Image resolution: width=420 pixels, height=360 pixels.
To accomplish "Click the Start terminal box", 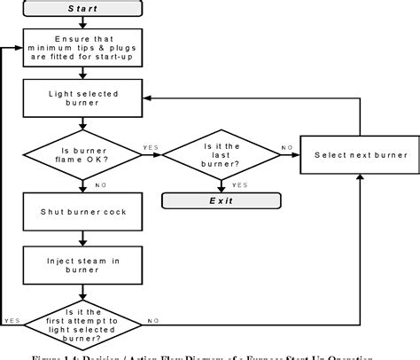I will [83, 9].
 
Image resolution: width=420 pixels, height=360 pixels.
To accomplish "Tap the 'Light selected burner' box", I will [83, 98].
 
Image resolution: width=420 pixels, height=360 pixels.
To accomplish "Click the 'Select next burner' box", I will [361, 155].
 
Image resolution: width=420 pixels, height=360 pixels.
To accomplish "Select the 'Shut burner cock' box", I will [83, 212].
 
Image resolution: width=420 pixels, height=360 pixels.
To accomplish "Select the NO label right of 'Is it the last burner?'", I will [285, 147].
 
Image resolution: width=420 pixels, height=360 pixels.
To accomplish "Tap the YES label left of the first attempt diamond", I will [12, 320].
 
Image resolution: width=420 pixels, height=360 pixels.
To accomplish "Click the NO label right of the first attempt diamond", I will [152, 320].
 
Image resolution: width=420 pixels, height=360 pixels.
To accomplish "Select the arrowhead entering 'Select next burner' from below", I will [361, 177].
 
